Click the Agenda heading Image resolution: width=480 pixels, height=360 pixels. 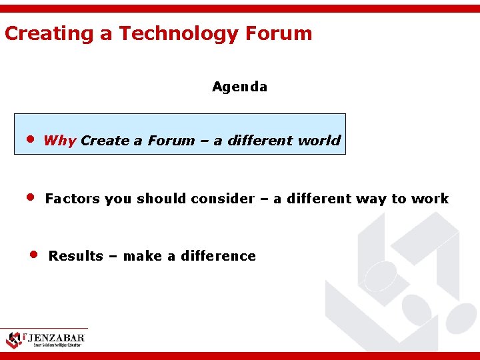click(x=239, y=87)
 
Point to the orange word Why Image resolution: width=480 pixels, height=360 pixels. click(x=59, y=141)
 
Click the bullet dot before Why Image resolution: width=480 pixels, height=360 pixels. click(x=30, y=140)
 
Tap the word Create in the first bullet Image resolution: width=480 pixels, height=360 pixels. click(x=105, y=141)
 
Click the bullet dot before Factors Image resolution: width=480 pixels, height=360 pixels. click(x=30, y=198)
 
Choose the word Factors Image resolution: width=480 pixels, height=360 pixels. click(x=73, y=199)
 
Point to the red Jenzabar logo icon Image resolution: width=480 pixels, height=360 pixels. click(x=13, y=339)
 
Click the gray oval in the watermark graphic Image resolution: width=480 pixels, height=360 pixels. click(x=381, y=275)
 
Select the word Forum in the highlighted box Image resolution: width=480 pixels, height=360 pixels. click(x=171, y=141)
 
